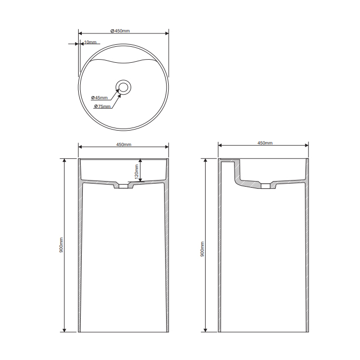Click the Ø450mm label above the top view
(x=120, y=31)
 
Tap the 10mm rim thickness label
(x=90, y=42)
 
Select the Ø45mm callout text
(x=99, y=98)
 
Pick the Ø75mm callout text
(x=102, y=106)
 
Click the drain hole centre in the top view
(x=123, y=87)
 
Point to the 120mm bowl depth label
(x=137, y=172)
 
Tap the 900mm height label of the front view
(x=61, y=245)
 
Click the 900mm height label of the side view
(x=202, y=249)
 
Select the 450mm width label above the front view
(x=124, y=145)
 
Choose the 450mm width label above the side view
(x=265, y=143)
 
